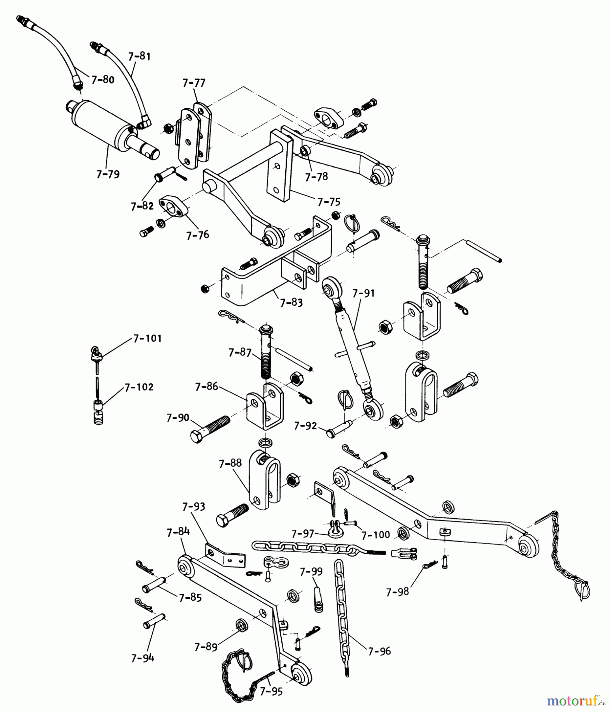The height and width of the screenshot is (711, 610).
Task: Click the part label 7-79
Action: pos(108,174)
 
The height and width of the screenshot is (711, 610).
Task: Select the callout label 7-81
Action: pos(139,56)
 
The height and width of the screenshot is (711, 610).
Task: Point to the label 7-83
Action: pos(291,303)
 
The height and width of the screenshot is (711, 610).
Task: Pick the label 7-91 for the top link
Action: pos(363,293)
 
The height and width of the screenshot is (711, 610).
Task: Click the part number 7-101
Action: pos(147,339)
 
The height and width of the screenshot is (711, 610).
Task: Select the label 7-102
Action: pos(139,387)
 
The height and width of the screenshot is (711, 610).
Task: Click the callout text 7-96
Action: pos(379,651)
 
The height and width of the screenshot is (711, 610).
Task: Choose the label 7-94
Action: pos(143,658)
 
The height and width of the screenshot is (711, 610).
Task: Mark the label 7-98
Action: pos(398,592)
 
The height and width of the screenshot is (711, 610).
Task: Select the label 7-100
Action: pos(376,535)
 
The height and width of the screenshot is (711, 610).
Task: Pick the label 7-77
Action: pos(194,83)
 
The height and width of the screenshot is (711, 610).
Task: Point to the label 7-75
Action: pos(328,202)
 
